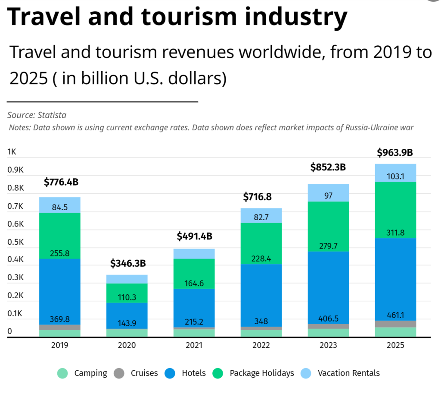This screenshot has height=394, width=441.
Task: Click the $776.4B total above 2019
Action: pyautogui.click(x=61, y=182)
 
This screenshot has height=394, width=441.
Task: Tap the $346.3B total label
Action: pyautogui.click(x=128, y=263)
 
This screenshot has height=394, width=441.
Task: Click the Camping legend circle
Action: pyautogui.click(x=63, y=373)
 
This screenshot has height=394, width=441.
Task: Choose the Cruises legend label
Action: pyautogui.click(x=144, y=373)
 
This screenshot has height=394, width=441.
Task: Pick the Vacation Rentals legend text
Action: pyautogui.click(x=349, y=373)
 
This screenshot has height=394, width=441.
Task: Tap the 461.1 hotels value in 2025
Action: pyautogui.click(x=395, y=315)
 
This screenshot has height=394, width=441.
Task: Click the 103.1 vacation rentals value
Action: pyautogui.click(x=395, y=176)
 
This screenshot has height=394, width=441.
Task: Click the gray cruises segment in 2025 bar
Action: pyautogui.click(x=395, y=324)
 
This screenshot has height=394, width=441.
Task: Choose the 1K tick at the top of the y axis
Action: pyautogui.click(x=12, y=152)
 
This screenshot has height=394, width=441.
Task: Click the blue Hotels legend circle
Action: pyautogui.click(x=171, y=373)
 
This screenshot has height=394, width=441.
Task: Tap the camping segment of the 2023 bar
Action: pyautogui.click(x=329, y=332)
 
